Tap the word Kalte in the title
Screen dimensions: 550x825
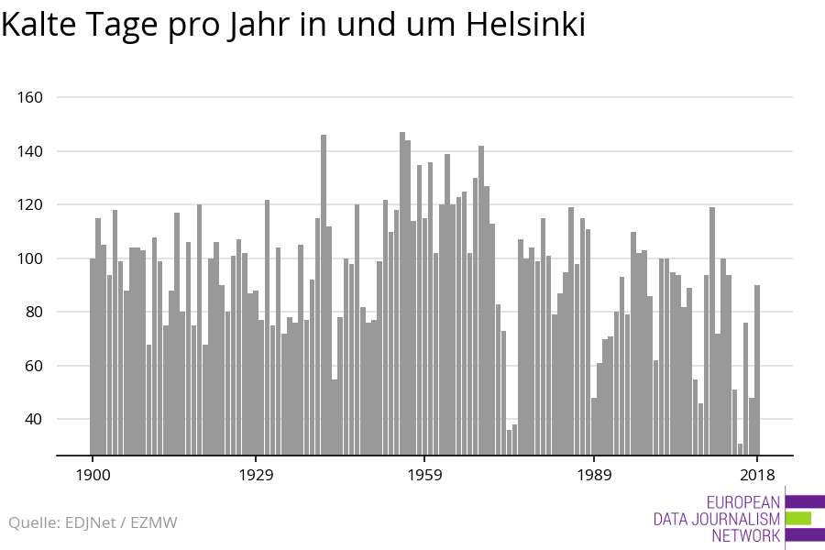[39, 25]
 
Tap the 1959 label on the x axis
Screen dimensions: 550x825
[424, 475]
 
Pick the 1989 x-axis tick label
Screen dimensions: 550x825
[594, 475]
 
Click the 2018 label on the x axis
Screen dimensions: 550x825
[757, 475]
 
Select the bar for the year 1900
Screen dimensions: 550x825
[93, 357]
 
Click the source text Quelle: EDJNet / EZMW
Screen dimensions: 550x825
[93, 523]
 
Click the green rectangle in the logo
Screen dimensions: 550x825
[798, 519]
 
